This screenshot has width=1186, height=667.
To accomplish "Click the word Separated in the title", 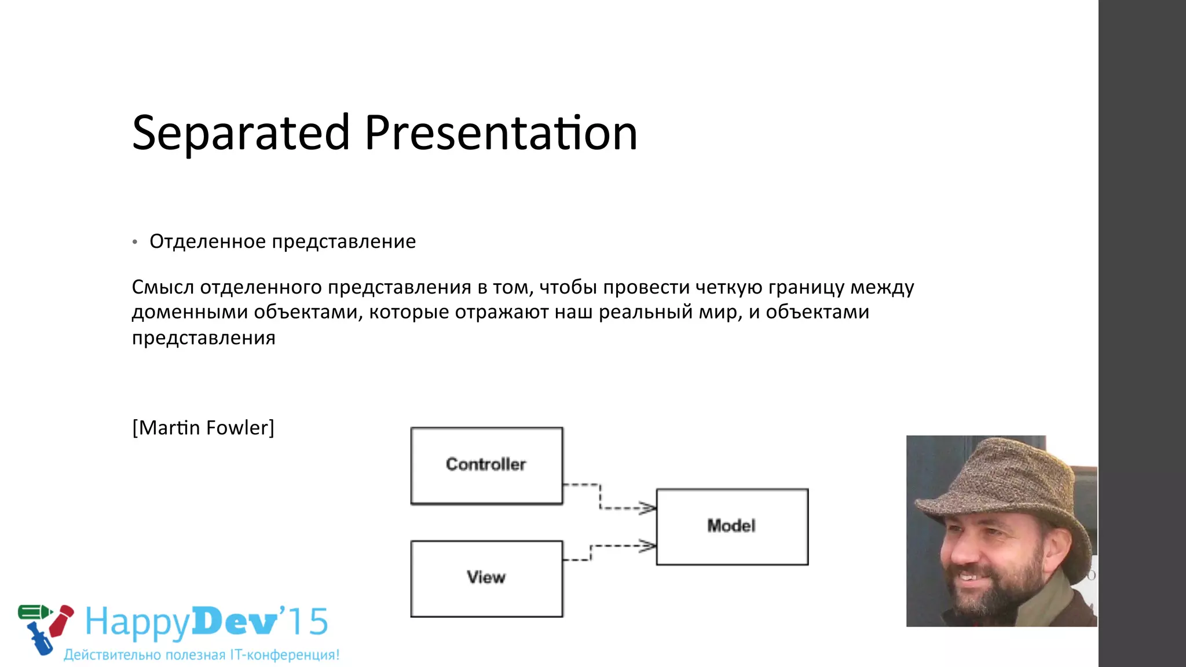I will coord(240,133).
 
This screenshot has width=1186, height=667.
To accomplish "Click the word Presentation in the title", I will coord(501,133).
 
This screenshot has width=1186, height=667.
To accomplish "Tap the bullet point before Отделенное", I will coord(135,242).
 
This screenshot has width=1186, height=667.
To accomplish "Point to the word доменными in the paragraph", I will coord(190,313).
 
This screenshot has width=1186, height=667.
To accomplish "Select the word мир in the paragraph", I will coord(719,313).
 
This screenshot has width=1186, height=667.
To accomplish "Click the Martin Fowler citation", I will coord(203,428).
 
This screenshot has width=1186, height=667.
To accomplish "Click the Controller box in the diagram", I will coord(486,466).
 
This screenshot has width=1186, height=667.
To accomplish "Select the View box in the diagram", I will coord(486,578).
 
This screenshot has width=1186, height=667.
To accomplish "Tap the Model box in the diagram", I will coord(732,526).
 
